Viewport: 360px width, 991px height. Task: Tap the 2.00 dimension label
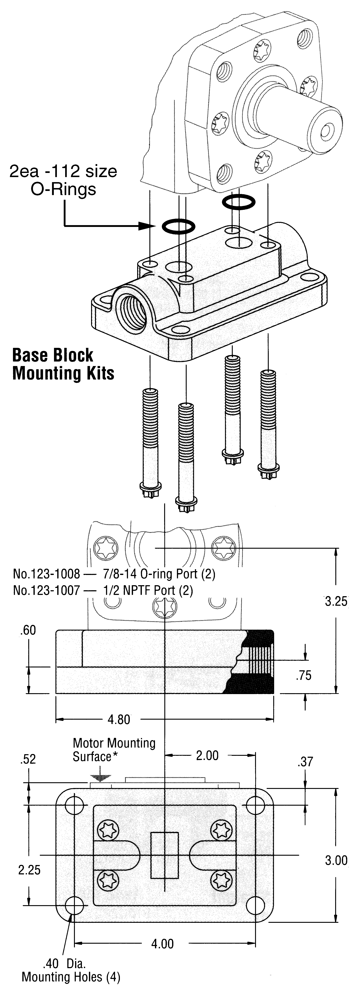pos(207,756)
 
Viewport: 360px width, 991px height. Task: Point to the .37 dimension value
pos(305,762)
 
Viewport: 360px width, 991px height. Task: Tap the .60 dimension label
pos(28,630)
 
